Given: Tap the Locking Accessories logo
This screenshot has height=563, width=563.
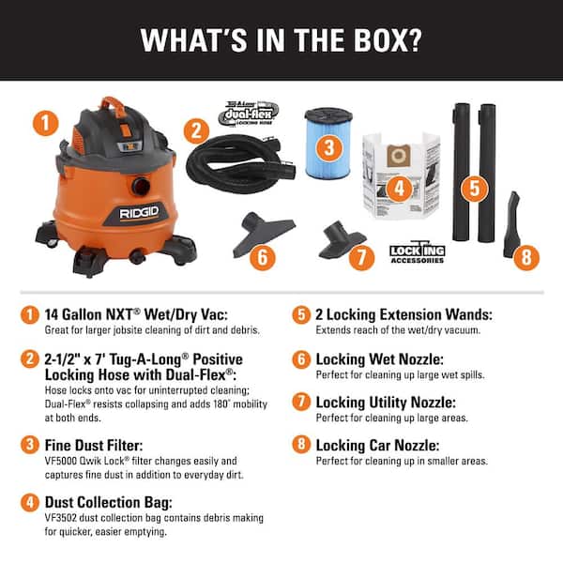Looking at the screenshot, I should point(418,252).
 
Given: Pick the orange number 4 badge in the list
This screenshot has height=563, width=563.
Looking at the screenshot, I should point(32,503).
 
